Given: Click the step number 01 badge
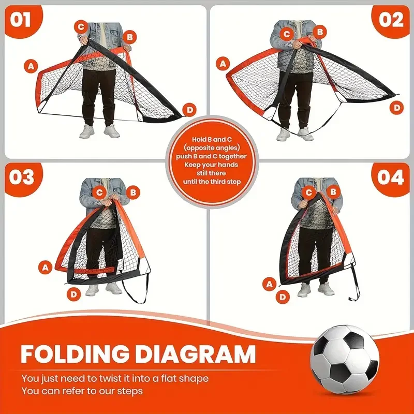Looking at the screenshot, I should click(x=20, y=20).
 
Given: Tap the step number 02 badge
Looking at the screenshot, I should click(x=391, y=20).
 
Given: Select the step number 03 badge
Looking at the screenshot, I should click(x=21, y=178).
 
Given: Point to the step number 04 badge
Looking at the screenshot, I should click(x=390, y=178).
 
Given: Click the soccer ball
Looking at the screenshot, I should click(x=345, y=359).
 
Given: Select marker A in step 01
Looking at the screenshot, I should click(x=32, y=66).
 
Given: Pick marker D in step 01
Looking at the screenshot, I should click(x=190, y=110).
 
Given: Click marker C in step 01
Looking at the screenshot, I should click(x=81, y=26).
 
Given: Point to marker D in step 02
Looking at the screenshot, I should click(x=396, y=108).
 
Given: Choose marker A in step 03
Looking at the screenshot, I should click(x=46, y=267).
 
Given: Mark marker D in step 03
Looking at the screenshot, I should click(x=75, y=294).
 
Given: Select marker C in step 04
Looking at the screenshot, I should click(x=310, y=193).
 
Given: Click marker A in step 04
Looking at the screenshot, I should click(x=269, y=283).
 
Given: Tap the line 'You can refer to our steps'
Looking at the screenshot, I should click(x=81, y=391).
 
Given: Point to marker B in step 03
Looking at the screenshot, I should click(x=133, y=193).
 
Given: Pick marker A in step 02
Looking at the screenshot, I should click(x=224, y=64).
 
